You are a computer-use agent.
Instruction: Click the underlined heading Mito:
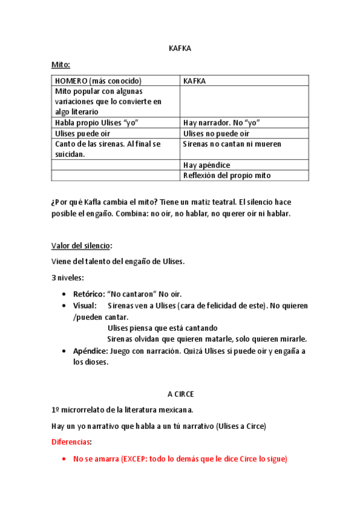pyautogui.click(x=62, y=65)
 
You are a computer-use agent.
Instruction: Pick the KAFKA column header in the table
pyautogui.click(x=195, y=81)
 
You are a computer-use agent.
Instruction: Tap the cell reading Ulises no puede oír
pyautogui.click(x=216, y=134)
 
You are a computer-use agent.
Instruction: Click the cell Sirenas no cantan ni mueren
pyautogui.click(x=232, y=144)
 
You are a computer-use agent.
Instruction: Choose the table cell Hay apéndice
pyautogui.click(x=207, y=165)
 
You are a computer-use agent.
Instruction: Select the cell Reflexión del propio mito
pyautogui.click(x=227, y=176)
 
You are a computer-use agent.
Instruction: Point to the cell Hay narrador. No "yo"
pyautogui.click(x=221, y=123)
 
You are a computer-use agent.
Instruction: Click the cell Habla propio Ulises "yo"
pyautogui.click(x=97, y=123)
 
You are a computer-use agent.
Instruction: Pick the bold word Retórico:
pyautogui.click(x=89, y=295)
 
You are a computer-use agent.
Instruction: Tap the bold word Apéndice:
pyautogui.click(x=90, y=351)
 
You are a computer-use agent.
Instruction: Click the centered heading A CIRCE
pyautogui.click(x=180, y=394)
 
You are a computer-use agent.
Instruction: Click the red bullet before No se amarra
pyautogui.click(x=64, y=459)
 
